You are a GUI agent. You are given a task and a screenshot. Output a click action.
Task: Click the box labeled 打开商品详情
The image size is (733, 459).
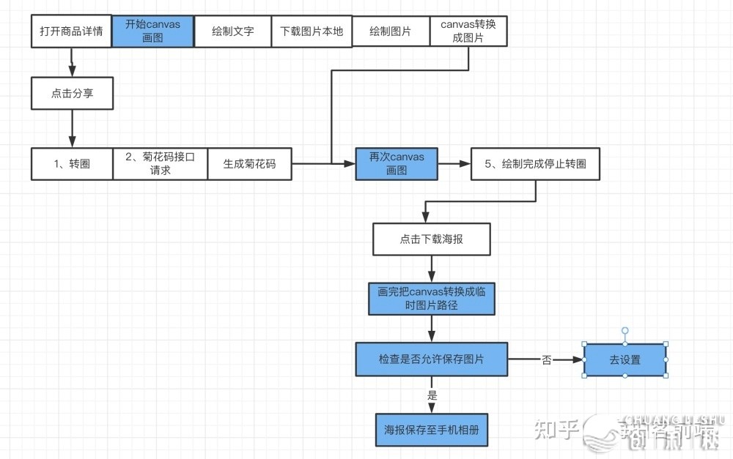click(71, 31)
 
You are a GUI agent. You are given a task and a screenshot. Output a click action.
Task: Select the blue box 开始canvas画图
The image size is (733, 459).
click(152, 31)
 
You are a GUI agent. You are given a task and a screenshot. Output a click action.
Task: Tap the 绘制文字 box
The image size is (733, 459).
click(232, 31)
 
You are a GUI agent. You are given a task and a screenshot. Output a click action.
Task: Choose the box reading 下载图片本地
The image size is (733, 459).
click(312, 31)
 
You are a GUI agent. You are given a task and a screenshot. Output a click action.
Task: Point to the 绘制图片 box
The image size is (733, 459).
click(391, 31)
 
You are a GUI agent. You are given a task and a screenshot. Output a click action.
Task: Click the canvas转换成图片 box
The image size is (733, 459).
click(468, 31)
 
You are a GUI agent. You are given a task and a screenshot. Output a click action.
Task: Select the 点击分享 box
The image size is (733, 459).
click(72, 94)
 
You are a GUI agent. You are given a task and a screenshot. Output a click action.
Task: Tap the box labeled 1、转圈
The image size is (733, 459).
click(72, 164)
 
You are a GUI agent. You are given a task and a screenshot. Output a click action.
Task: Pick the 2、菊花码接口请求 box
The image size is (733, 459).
click(160, 164)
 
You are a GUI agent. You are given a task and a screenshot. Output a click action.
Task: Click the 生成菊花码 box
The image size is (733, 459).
click(249, 164)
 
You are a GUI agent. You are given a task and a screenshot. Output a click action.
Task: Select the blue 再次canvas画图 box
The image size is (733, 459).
click(397, 164)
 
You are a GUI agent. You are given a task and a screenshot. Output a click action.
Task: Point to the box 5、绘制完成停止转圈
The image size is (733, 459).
click(534, 164)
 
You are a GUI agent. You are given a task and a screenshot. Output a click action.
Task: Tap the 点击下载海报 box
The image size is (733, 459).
click(431, 239)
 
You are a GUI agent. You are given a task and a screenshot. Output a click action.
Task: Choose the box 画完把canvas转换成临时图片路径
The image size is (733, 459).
click(431, 298)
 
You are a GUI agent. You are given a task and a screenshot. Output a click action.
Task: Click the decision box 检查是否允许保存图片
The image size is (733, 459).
click(431, 359)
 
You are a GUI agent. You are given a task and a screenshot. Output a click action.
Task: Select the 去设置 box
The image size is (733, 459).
click(625, 359)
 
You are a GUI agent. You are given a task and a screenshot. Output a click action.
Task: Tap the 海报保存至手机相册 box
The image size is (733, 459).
click(431, 430)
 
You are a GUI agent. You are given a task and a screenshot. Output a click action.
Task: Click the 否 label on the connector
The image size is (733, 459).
click(546, 360)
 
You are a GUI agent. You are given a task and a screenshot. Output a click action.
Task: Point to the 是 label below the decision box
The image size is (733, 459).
click(432, 395)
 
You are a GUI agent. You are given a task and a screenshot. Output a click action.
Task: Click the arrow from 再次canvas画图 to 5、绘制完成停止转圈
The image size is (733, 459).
click(454, 164)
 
